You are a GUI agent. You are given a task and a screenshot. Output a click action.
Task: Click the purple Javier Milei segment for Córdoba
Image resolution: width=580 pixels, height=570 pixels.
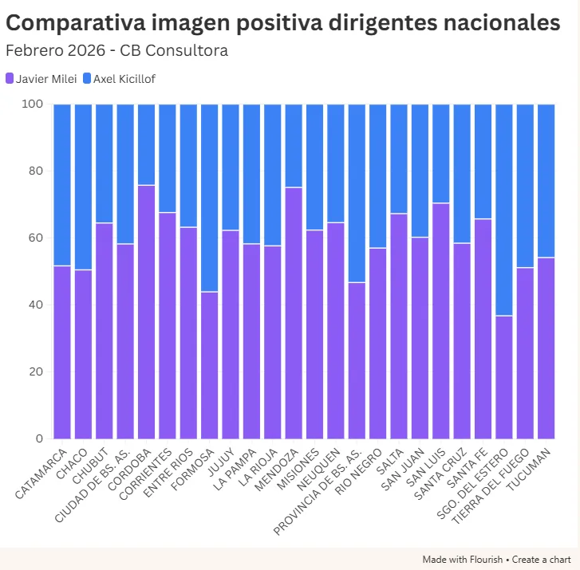tap(146, 311)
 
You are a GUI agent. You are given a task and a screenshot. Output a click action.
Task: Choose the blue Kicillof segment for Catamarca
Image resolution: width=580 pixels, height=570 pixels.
tap(62, 184)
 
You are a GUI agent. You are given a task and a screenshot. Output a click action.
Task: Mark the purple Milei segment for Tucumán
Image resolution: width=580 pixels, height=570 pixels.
tap(546, 348)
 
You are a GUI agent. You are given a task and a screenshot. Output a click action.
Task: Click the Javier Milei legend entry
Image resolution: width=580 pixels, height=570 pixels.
tap(41, 79)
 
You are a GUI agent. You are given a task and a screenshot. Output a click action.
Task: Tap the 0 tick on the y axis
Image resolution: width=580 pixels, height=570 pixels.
tap(38, 439)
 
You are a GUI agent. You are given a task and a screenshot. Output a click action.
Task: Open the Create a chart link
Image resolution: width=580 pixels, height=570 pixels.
tap(541, 560)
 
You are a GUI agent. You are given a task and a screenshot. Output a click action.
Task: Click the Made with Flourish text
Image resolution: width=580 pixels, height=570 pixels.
tap(463, 560)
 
